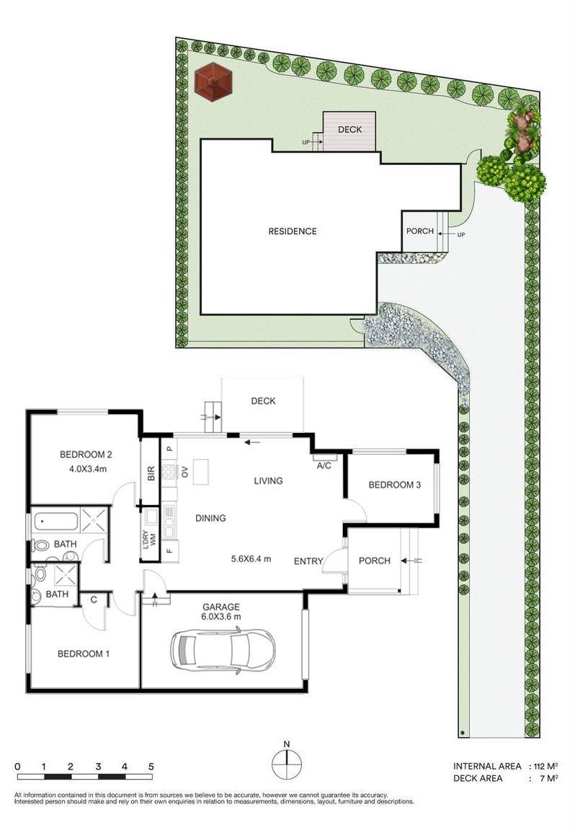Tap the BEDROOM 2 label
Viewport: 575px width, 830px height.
pos(86,455)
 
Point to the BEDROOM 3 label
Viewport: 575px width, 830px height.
pos(394,485)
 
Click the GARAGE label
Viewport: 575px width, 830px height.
pos(221,607)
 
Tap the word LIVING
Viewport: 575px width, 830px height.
pos(267,481)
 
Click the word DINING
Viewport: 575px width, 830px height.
pos(210,517)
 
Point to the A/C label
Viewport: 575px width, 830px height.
pos(324,466)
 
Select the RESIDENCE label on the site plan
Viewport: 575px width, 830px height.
pos(293,231)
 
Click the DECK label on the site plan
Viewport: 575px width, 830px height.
pos(349,130)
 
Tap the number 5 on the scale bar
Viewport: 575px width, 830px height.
pos(151,766)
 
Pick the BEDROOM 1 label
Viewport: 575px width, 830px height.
pos(84,654)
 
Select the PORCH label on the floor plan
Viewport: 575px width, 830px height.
pos(374,561)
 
